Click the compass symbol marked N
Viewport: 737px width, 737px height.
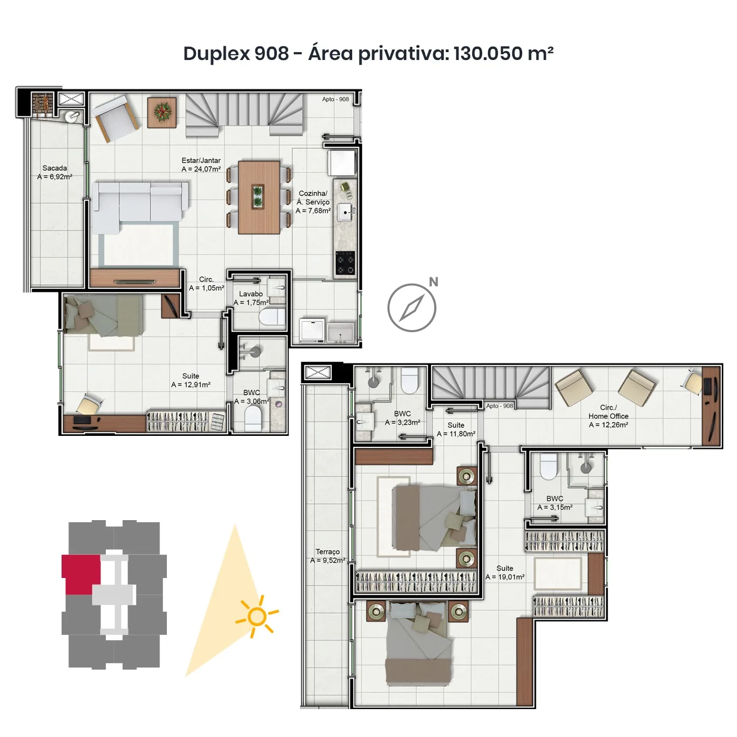point(412,307)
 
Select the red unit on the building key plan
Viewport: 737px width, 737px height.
point(81,574)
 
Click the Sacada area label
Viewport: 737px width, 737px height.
point(55,173)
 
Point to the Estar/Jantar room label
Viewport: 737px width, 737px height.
point(201,165)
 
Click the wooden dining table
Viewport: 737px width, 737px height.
point(258,197)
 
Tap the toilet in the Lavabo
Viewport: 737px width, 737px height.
point(272,317)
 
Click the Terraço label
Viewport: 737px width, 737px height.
point(327,556)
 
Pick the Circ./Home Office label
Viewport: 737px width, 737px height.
point(608,416)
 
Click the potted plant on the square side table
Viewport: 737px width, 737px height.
point(163,111)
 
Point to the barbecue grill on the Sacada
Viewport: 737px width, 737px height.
point(43,103)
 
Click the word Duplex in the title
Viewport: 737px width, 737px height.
point(216,53)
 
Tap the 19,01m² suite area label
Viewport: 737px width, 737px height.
point(505,573)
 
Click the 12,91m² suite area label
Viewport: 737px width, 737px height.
point(191,381)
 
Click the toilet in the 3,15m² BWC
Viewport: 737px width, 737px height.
point(548,466)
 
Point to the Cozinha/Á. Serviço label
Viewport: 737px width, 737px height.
point(313,202)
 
